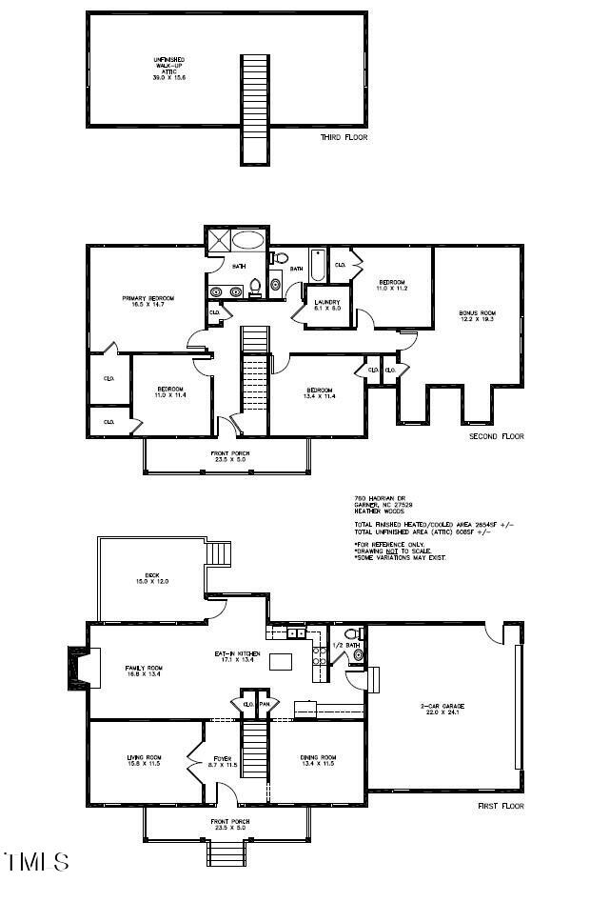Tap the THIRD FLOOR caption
[x=344, y=138]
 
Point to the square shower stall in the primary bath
[x=217, y=241]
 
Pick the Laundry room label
[x=327, y=305]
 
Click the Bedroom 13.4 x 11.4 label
[x=319, y=393]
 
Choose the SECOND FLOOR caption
[x=497, y=437]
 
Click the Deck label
[x=151, y=578]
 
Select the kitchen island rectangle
[x=282, y=661]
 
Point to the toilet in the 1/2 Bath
[x=353, y=633]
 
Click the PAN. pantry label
[x=265, y=705]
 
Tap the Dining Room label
[x=319, y=761]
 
